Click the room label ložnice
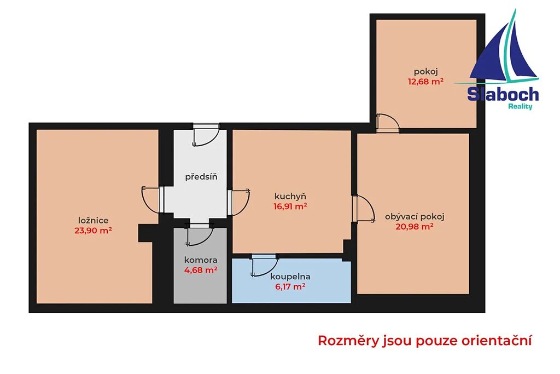(93, 220)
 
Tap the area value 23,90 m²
(93, 231)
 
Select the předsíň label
(201, 177)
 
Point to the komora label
(201, 260)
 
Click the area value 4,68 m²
(201, 270)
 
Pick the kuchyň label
(290, 196)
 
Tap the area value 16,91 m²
(290, 206)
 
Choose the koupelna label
(290, 277)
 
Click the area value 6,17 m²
(290, 286)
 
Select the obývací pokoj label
(415, 216)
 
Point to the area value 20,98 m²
(415, 226)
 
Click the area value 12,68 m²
(425, 82)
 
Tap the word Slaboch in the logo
(503, 94)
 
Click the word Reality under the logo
(521, 106)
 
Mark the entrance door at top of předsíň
(206, 135)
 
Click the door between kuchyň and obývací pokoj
(363, 209)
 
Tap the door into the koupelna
(264, 265)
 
